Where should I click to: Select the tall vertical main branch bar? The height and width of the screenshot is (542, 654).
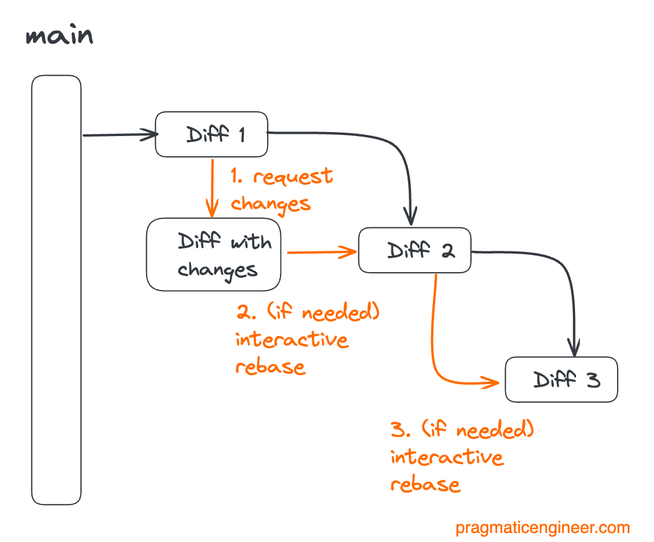tap(56, 290)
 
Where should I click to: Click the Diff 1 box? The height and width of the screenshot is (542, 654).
tap(211, 134)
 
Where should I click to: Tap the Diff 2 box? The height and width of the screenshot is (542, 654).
tap(414, 250)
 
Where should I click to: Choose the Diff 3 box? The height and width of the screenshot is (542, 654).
tap(561, 380)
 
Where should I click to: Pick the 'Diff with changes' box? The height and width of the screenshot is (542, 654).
tap(213, 255)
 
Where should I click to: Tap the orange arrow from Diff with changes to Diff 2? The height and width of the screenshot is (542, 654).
tap(322, 253)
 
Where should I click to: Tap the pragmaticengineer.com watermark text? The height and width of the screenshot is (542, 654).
tap(542, 527)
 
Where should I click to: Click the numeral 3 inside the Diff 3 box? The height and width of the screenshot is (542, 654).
tap(593, 380)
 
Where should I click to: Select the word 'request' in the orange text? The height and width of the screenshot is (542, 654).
tap(293, 177)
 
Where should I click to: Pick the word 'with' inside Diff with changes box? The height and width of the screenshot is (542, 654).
tap(251, 242)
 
